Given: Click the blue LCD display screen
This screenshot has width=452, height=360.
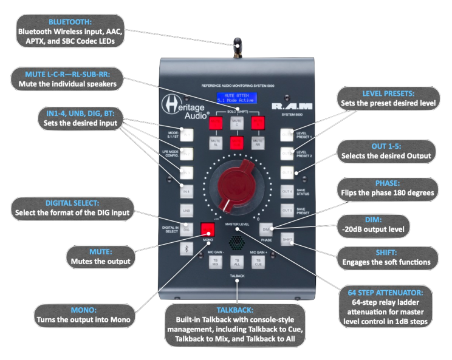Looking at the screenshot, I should [237, 99].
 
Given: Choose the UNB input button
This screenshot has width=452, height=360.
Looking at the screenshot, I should [188, 211].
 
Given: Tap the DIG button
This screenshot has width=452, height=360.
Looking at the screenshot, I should [188, 229].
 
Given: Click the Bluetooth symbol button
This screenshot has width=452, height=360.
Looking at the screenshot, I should [188, 248].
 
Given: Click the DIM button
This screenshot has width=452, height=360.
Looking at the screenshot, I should [266, 229].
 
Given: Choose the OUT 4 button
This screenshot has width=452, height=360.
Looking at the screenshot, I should [287, 192].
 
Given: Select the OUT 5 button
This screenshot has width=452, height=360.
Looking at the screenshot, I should [287, 211].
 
